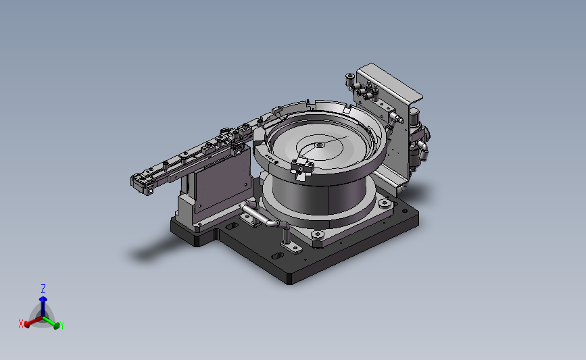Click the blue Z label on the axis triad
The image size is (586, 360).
43,288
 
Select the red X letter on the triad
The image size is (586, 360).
21,324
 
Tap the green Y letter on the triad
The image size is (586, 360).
62,326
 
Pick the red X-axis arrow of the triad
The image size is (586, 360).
31,322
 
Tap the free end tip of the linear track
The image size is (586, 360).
139,182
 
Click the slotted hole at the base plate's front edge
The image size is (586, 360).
277,257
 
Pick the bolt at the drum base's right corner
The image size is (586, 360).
385,202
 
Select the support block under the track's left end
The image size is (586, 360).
186,209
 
